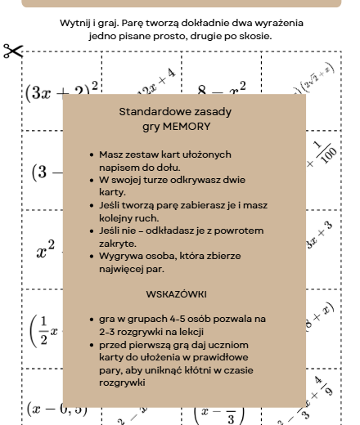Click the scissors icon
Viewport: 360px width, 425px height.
point(13,51)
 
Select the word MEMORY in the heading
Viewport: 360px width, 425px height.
point(186,127)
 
